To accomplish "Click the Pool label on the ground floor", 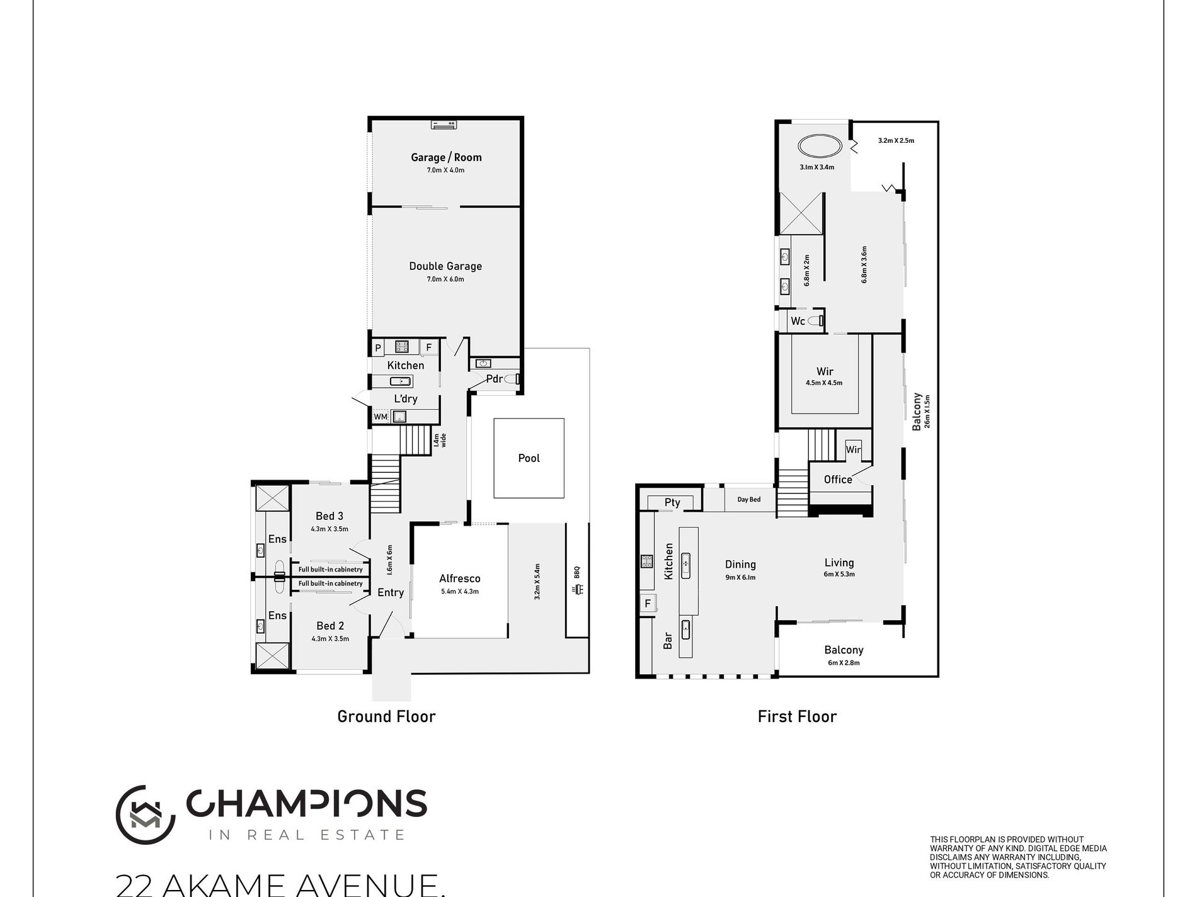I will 529,458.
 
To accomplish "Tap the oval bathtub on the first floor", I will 819,147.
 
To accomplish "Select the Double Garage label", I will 445,266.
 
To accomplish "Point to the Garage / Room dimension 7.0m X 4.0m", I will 445,170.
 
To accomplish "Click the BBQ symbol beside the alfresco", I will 578,590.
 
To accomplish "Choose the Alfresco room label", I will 459,578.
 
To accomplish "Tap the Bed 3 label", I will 329,516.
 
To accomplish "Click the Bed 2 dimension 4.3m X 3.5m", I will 329,639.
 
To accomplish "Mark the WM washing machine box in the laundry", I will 380,417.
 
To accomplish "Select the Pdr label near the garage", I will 494,379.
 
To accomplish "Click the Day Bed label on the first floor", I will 749,500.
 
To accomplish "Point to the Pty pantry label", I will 672,502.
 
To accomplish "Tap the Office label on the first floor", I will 838,480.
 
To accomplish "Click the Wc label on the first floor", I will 798,321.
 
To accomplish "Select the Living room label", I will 839,563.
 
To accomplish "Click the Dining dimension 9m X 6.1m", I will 740,577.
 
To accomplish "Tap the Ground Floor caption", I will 386,716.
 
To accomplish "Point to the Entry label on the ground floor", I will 391,592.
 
